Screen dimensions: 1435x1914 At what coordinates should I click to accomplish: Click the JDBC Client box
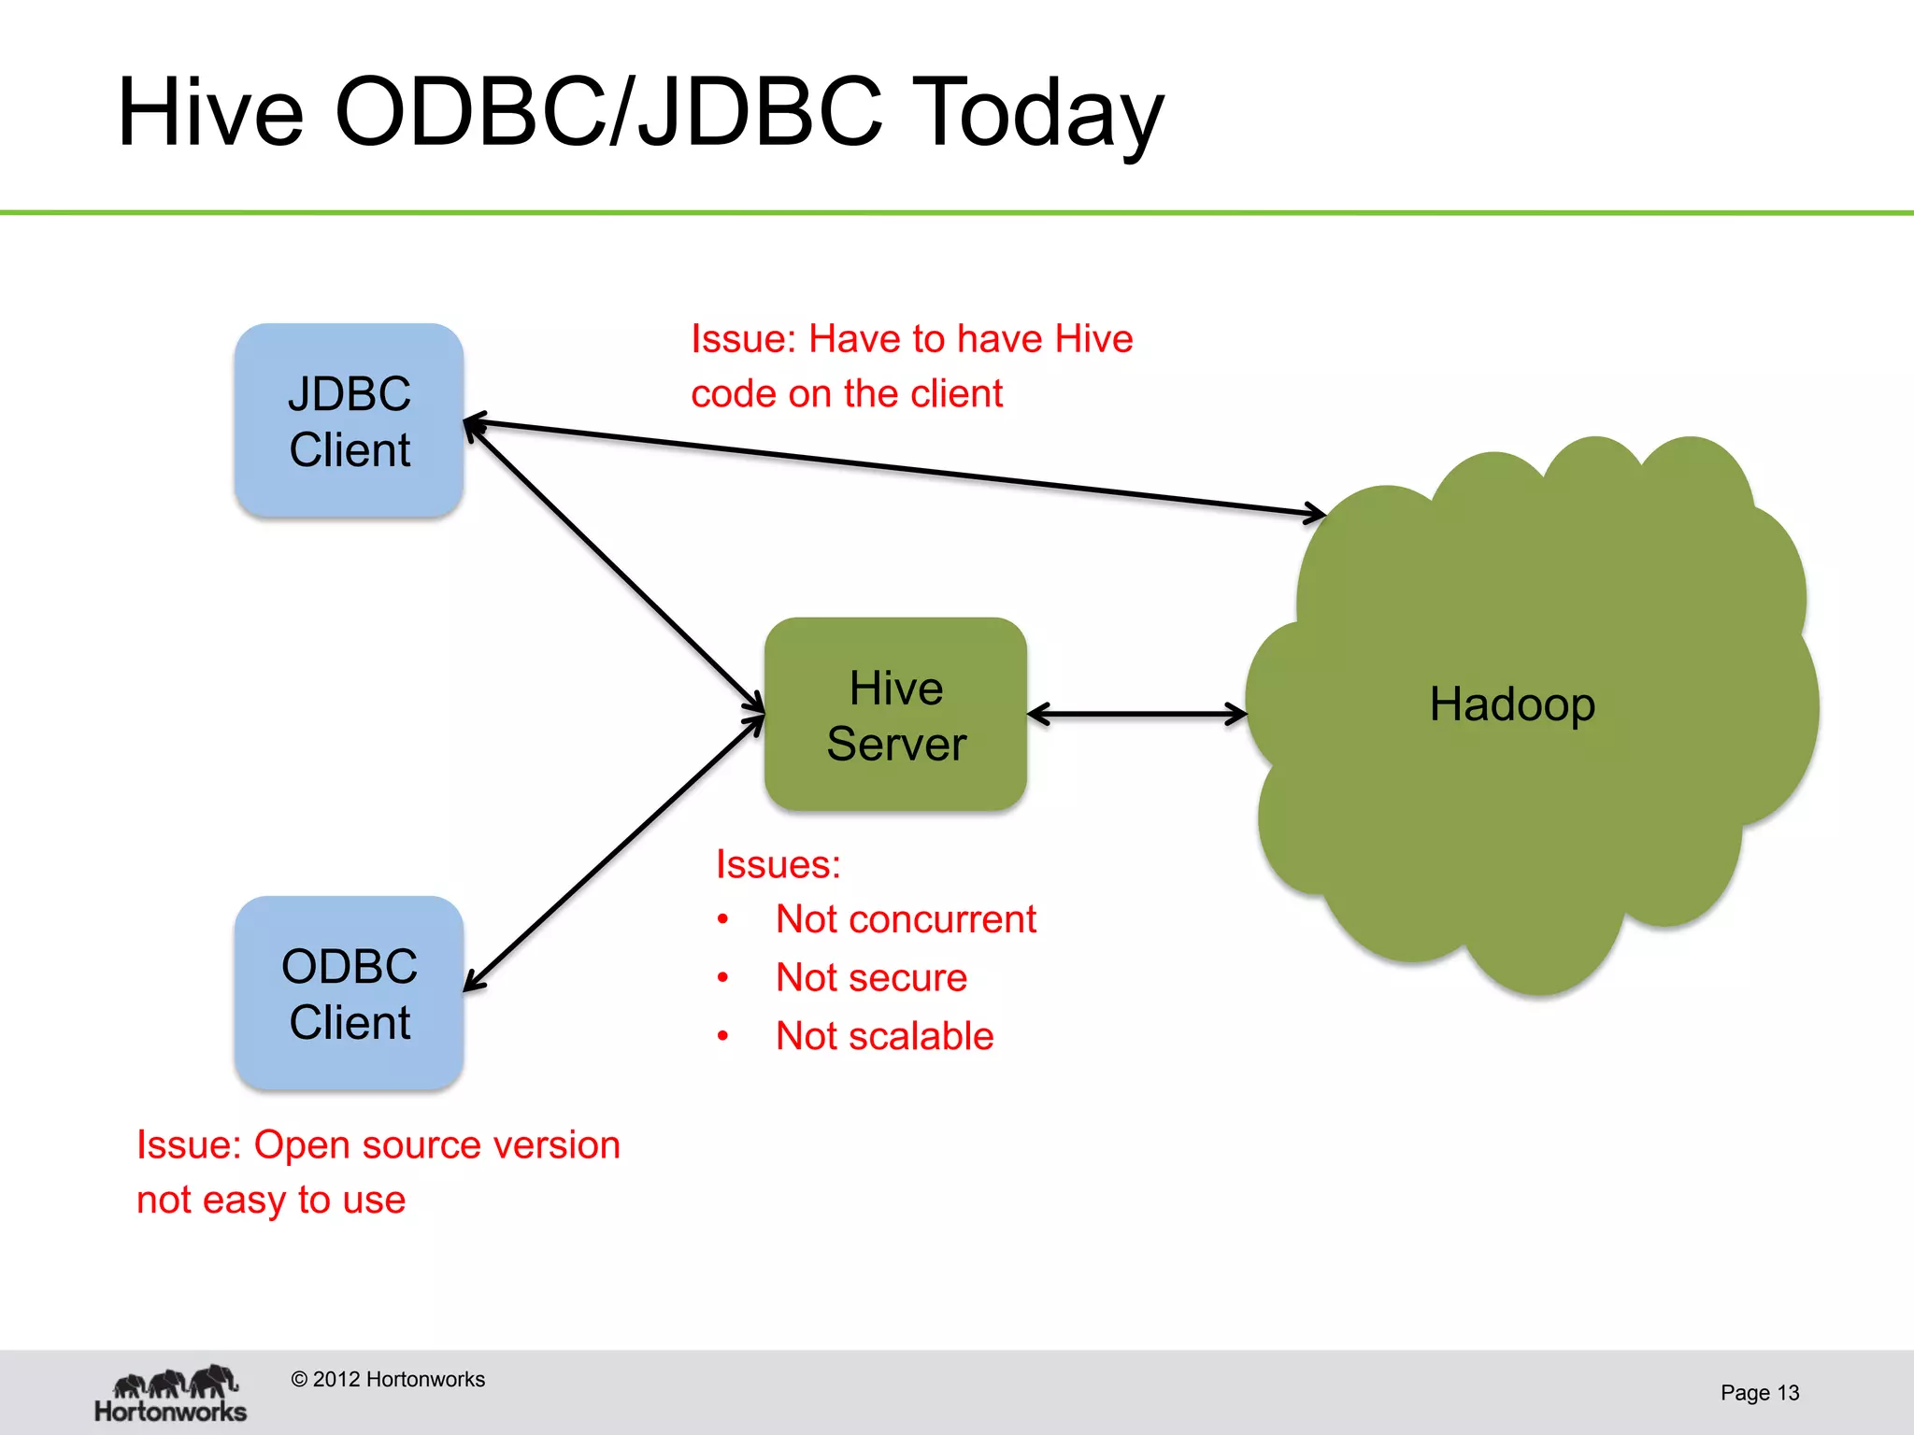coord(349,420)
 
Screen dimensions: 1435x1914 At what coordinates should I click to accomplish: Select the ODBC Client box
coord(349,993)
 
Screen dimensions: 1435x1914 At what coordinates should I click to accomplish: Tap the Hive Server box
coord(895,715)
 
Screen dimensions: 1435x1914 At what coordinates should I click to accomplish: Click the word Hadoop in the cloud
coord(1511,704)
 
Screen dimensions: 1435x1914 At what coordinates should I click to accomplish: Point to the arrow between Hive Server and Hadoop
coord(1136,715)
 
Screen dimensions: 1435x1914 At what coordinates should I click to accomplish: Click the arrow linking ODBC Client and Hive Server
coord(615,851)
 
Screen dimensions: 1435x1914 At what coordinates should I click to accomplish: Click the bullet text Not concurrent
coord(905,919)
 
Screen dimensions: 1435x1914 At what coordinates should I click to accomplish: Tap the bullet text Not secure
coord(870,978)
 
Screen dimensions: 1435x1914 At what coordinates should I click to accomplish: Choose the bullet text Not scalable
coord(883,1036)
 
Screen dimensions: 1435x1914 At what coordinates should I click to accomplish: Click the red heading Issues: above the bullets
coord(778,864)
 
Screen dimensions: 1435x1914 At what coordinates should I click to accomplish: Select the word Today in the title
coord(1036,114)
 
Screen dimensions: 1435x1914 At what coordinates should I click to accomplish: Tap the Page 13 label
coord(1759,1393)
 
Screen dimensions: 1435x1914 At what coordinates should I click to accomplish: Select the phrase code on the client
coord(846,394)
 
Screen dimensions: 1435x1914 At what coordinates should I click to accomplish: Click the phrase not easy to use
coord(271,1201)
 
